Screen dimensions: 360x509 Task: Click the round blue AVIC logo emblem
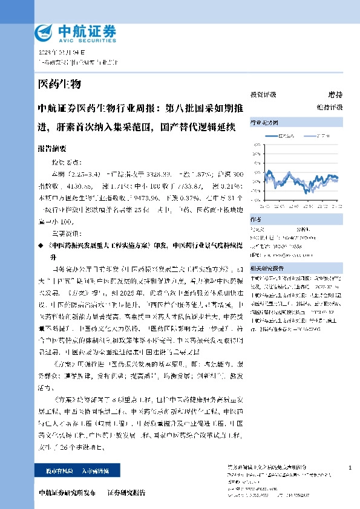tap(45, 31)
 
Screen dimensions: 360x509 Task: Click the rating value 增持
tap(335, 95)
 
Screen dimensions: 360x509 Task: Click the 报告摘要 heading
tap(51, 148)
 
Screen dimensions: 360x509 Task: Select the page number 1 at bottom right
tap(350, 467)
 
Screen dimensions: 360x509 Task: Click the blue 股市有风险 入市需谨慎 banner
tap(69, 470)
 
